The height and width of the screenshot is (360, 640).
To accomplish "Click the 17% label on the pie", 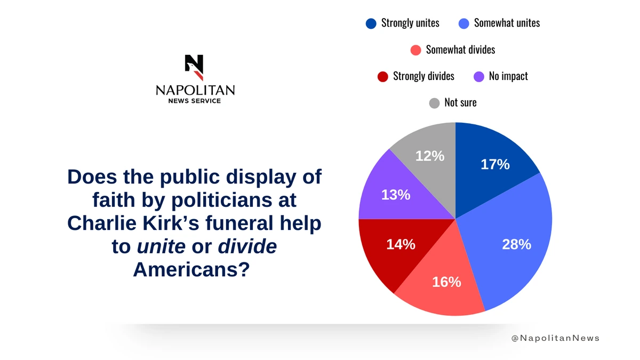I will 495,164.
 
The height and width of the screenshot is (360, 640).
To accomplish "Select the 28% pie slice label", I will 516,244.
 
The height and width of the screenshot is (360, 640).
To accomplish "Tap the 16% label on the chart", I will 446,282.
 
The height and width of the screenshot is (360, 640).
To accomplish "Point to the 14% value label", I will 401,244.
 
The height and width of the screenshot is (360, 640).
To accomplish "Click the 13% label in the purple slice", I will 396,195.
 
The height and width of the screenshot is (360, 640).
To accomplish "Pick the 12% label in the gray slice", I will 430,156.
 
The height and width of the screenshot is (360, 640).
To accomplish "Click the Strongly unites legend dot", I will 371,23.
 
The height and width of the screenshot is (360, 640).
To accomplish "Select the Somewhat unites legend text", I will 507,23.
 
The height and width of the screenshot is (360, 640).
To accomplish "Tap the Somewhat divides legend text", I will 460,50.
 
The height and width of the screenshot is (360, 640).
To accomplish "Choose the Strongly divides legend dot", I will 382,76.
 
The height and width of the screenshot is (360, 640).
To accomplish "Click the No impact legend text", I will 508,76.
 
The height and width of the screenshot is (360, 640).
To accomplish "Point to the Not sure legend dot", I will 435,103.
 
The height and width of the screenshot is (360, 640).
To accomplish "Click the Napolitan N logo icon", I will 194,67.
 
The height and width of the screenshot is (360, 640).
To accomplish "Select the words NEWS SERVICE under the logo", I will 195,101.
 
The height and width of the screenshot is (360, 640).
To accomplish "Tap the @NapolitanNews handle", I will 555,338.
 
